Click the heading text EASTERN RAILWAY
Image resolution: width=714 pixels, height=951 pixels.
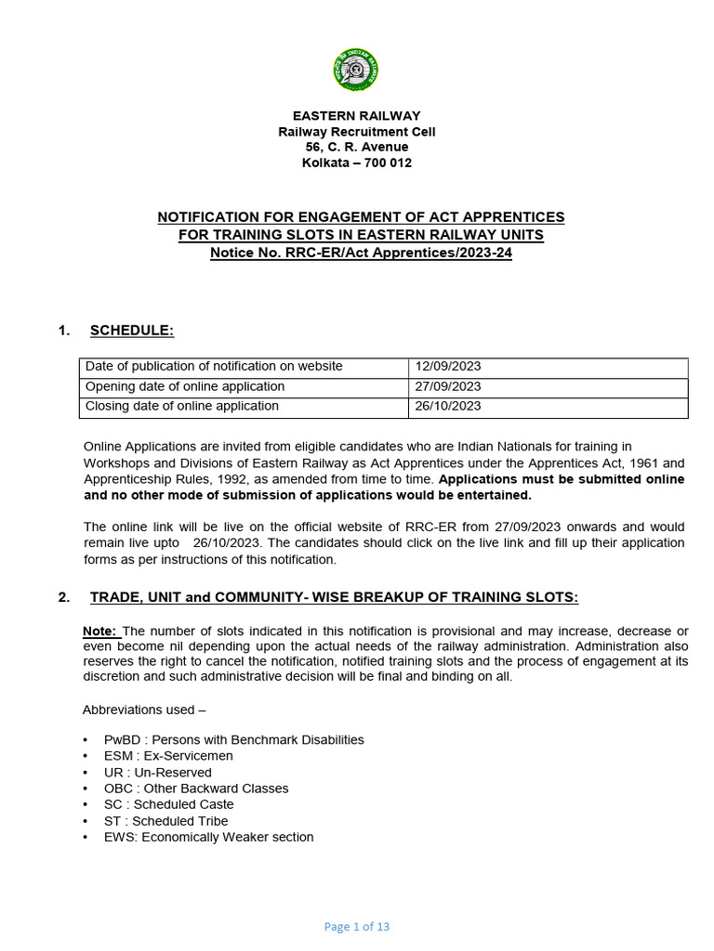(x=356, y=116)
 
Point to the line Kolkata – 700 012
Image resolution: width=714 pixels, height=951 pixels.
(x=356, y=163)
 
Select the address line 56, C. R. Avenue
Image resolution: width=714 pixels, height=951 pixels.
(x=356, y=147)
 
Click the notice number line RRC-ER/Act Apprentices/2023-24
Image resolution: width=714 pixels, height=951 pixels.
(x=361, y=254)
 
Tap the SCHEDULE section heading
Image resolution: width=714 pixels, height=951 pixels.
(x=132, y=331)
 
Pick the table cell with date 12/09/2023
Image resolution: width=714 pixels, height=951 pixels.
(x=449, y=367)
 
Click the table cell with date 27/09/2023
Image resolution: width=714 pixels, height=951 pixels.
(x=449, y=386)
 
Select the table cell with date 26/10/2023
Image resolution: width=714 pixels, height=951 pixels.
(x=449, y=406)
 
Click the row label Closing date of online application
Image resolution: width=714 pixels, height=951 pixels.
(x=182, y=406)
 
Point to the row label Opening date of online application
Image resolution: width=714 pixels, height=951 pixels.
(x=185, y=386)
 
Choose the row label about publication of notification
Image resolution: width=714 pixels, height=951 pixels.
(x=214, y=367)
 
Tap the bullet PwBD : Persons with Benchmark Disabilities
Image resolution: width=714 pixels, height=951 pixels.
(x=233, y=740)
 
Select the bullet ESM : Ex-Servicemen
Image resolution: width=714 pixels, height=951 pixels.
(x=168, y=756)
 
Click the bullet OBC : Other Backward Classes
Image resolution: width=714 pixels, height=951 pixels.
(x=196, y=788)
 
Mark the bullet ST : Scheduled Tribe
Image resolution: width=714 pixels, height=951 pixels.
(x=165, y=821)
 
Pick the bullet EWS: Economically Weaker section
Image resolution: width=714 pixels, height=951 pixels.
(x=208, y=837)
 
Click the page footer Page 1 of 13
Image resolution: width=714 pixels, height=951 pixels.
(x=356, y=926)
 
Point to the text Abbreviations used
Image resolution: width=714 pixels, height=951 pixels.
(x=144, y=710)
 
